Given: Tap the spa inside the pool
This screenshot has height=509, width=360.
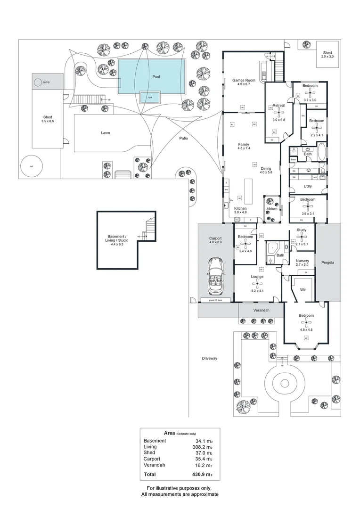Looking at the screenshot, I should [x=150, y=98].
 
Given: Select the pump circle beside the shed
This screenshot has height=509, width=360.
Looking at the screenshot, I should [x=38, y=82].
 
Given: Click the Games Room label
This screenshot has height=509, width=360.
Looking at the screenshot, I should [x=244, y=81].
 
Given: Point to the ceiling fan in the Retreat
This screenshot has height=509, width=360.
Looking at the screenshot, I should [x=279, y=112].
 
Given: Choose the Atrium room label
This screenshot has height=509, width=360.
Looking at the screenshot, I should [x=272, y=208].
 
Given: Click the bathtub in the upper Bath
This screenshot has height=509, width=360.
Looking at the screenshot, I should [x=322, y=154].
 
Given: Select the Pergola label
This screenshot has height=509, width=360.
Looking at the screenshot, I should [x=327, y=263].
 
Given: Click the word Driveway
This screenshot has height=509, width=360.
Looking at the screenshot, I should [x=210, y=359].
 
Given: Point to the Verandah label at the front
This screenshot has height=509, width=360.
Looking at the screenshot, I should [x=260, y=311].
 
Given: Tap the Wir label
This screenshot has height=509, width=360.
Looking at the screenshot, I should [x=303, y=289].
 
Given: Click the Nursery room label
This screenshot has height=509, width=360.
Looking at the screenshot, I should [x=302, y=261].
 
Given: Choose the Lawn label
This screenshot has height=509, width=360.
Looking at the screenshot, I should [x=106, y=133].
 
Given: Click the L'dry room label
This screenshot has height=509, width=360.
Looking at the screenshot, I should [x=308, y=186].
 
